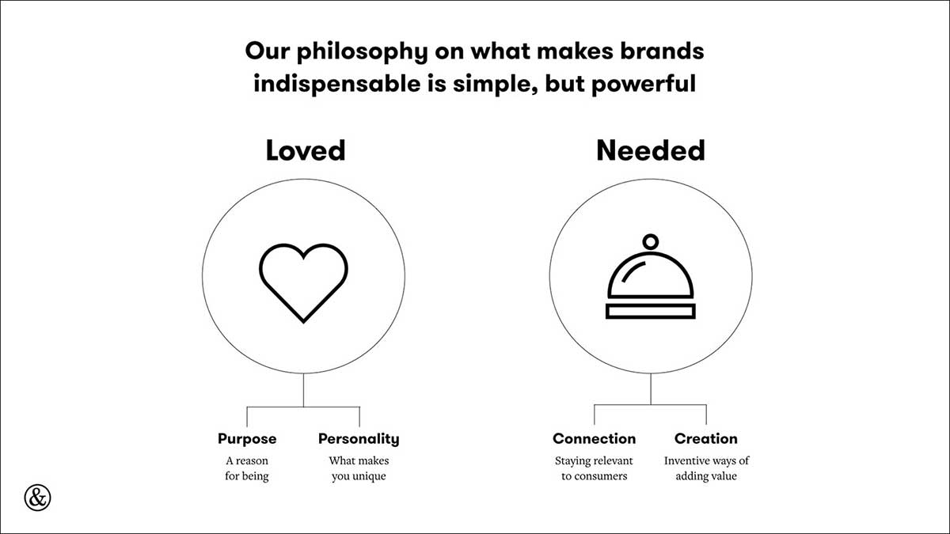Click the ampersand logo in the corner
[x=37, y=498]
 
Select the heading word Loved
[x=306, y=150]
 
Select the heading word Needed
[x=651, y=150]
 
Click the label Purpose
[x=247, y=439]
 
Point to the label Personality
[x=359, y=439]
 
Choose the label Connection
[x=595, y=438]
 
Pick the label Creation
[x=706, y=438]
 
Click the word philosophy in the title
[x=363, y=52]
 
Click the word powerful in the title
[x=644, y=84]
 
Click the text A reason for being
[x=247, y=468]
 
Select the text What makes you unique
[x=359, y=468]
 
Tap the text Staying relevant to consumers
[x=595, y=468]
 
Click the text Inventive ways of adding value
[x=706, y=468]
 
